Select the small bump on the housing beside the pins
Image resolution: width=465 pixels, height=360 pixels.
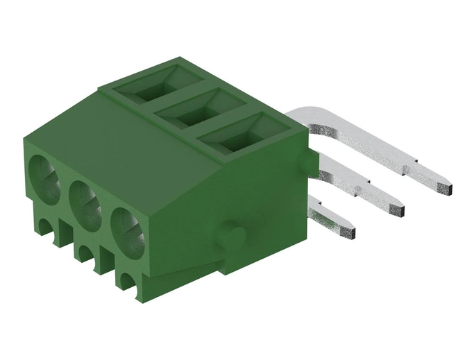pyautogui.click(x=307, y=164)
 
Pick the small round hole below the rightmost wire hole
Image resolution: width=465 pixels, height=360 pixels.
pyautogui.click(x=128, y=281)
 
